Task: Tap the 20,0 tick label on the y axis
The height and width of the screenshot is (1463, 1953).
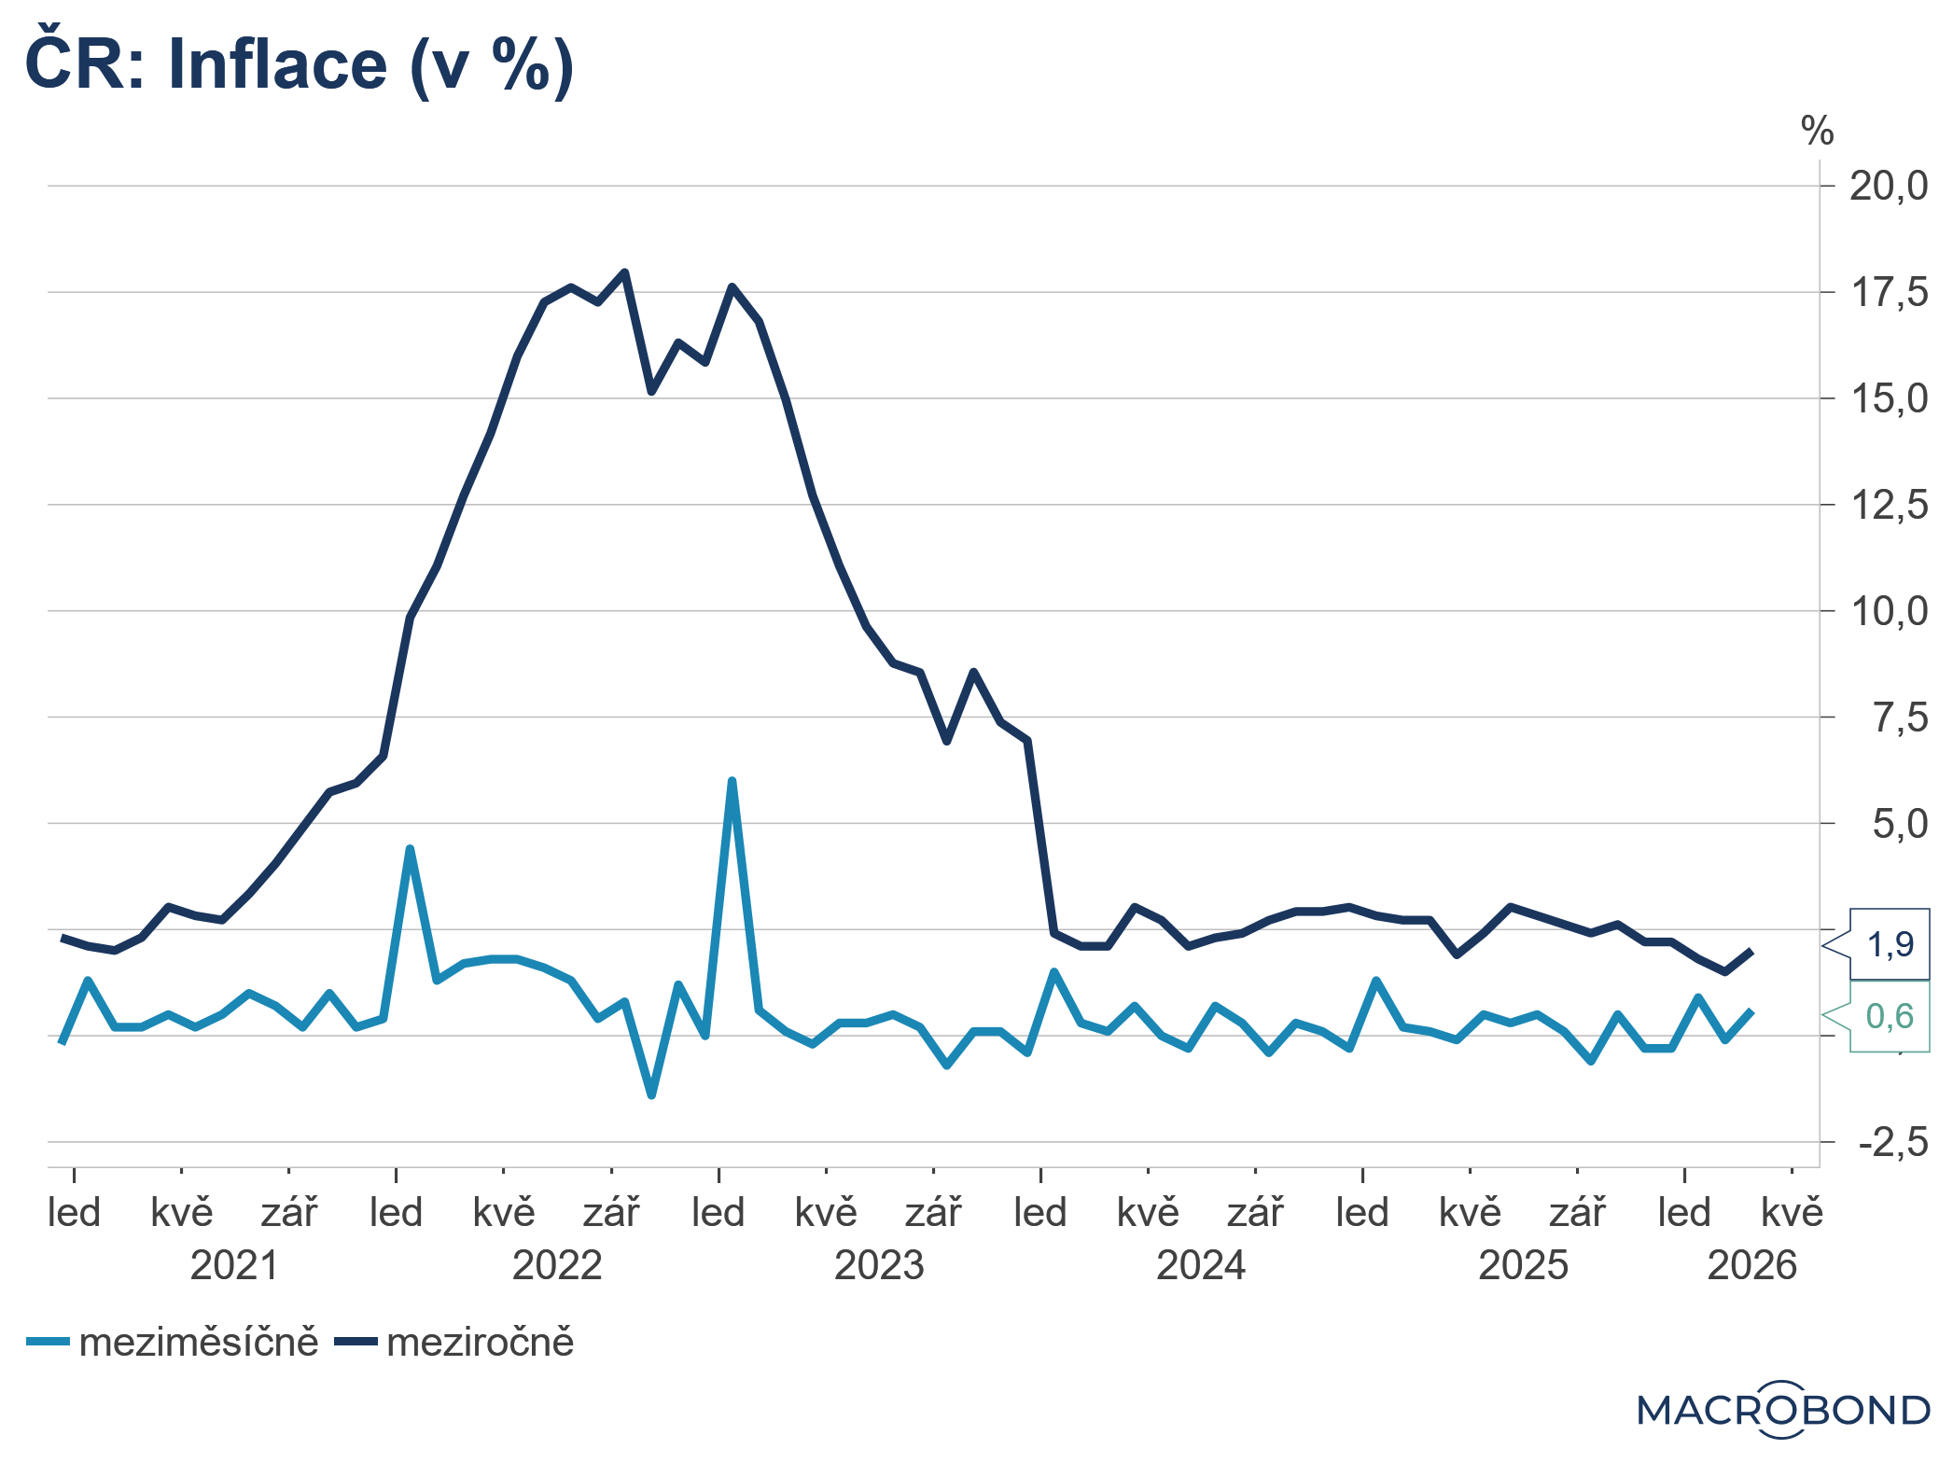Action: click(x=1888, y=187)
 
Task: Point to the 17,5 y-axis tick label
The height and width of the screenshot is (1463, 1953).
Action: click(x=1888, y=293)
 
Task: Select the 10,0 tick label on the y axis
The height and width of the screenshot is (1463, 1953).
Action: click(x=1888, y=612)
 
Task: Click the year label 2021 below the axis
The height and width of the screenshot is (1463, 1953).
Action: click(x=234, y=1266)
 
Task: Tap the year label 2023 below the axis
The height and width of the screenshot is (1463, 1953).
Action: click(x=878, y=1266)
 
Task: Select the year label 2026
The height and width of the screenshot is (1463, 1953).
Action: click(x=1751, y=1266)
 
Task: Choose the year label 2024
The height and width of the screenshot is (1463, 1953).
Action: click(x=1200, y=1266)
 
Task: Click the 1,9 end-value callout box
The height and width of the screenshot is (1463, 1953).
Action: click(x=1890, y=945)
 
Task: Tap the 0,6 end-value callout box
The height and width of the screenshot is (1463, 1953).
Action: click(x=1890, y=1016)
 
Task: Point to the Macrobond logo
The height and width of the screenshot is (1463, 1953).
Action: click(x=1782, y=1410)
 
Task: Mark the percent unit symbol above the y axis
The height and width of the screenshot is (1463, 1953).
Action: click(x=1816, y=132)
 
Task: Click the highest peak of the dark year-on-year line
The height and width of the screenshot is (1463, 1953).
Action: click(x=624, y=272)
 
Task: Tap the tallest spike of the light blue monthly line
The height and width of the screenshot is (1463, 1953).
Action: click(x=732, y=780)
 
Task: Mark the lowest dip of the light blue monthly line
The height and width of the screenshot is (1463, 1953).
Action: click(x=651, y=1095)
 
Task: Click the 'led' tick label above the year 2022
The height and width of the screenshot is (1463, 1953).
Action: click(x=396, y=1213)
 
